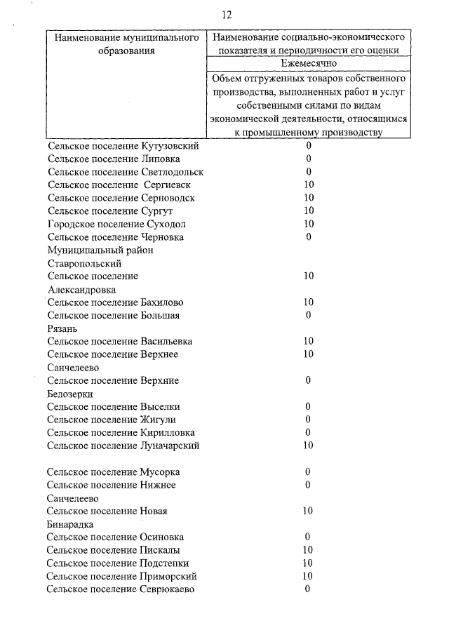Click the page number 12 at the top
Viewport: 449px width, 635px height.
(x=226, y=15)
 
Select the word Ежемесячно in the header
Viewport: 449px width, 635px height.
(x=309, y=63)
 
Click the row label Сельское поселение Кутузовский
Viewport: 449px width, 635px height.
(x=123, y=146)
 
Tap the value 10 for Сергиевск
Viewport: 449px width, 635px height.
(x=308, y=185)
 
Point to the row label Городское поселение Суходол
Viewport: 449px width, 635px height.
(x=117, y=224)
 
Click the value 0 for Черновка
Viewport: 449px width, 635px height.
(x=308, y=237)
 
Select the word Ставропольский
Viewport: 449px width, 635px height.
(x=85, y=264)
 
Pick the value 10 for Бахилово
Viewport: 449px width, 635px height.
(x=308, y=302)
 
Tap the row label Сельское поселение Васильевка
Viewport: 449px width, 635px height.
(x=120, y=342)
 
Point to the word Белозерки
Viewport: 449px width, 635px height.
(x=70, y=394)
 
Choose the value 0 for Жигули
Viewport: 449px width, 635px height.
(x=308, y=420)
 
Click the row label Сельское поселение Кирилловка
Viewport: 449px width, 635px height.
(x=121, y=433)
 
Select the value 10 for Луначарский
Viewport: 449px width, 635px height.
(x=308, y=446)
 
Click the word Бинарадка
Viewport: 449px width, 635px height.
(x=70, y=524)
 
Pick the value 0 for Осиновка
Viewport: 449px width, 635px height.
(x=308, y=537)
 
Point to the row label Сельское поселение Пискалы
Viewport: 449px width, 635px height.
(x=113, y=550)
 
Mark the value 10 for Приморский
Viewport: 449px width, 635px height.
(x=308, y=576)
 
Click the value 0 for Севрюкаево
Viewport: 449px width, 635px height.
(x=308, y=589)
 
